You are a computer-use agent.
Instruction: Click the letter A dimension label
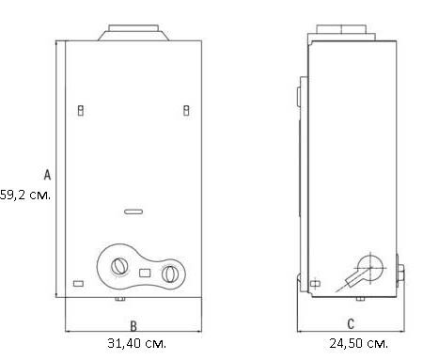[47, 175]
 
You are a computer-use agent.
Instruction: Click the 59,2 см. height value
[25, 195]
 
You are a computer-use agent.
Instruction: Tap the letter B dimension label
[133, 326]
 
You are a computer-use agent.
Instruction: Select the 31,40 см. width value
[136, 343]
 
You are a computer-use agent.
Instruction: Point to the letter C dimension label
[351, 324]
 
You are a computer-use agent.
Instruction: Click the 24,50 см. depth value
[358, 343]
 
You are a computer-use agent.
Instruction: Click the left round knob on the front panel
[119, 266]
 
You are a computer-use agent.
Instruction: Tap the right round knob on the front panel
[170, 274]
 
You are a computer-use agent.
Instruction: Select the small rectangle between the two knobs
[145, 273]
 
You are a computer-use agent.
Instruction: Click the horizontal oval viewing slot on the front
[133, 211]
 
